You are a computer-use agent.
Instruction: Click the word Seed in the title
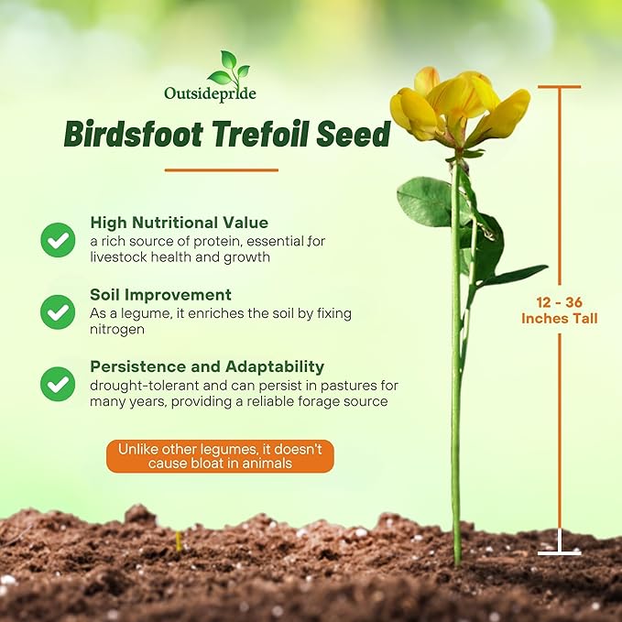[353, 135]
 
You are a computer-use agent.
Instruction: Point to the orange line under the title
[221, 169]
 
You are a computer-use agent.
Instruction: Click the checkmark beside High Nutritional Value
[58, 239]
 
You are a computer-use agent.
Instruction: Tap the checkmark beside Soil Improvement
[58, 311]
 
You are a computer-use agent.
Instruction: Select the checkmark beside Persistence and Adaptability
[58, 383]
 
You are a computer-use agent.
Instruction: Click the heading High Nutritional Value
[179, 223]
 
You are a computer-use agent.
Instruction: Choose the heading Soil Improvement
[160, 295]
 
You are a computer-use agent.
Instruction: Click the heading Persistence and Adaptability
[207, 366]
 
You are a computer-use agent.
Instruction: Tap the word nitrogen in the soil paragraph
[116, 329]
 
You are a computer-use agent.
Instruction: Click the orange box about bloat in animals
[220, 455]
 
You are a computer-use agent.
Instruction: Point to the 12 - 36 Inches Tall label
[559, 310]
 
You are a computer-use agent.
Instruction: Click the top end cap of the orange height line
[559, 87]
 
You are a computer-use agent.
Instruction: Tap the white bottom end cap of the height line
[559, 552]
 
